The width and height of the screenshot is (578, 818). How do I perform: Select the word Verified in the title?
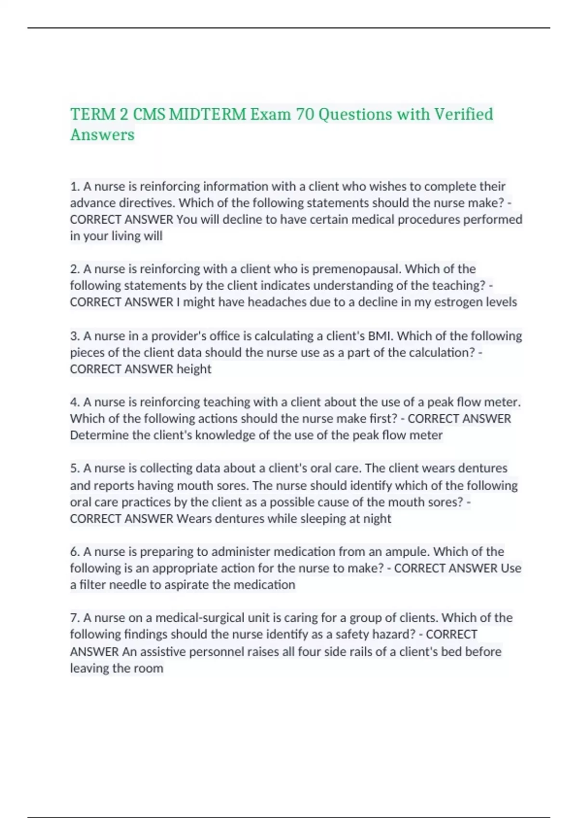[x=464, y=115]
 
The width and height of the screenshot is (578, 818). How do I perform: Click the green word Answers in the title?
[x=103, y=135]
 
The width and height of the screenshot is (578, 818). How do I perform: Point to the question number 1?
[x=74, y=186]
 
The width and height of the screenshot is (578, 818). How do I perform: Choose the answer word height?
[x=194, y=369]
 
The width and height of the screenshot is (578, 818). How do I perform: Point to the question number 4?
[x=74, y=402]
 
